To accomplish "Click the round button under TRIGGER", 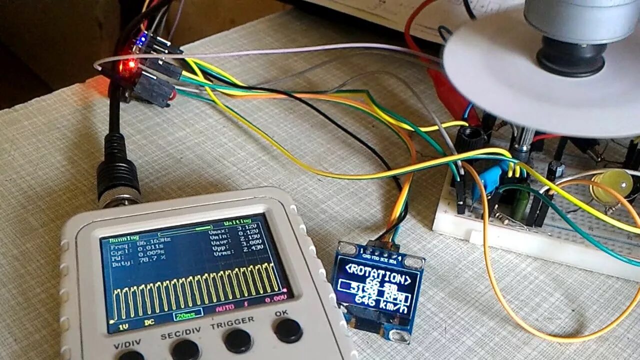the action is click(238, 340).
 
